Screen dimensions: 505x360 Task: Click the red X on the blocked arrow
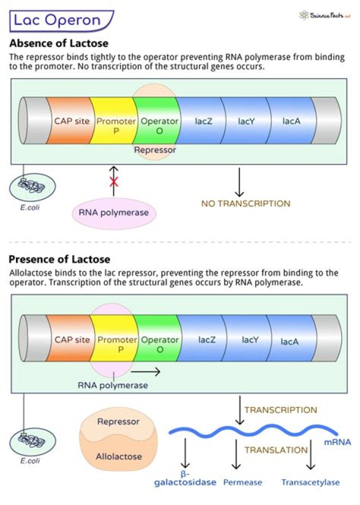tap(113, 181)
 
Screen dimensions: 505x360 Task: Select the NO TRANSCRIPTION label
tap(245, 203)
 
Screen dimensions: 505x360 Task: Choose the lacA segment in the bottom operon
tap(290, 342)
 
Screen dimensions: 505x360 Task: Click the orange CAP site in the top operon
tap(72, 121)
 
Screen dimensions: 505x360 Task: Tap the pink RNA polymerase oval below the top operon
tap(114, 213)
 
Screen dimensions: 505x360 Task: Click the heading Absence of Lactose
tap(58, 43)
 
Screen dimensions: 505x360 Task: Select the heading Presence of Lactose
tap(59, 259)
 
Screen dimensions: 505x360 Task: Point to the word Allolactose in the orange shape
tap(118, 456)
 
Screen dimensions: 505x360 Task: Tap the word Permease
tap(242, 482)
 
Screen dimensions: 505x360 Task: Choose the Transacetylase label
tap(310, 482)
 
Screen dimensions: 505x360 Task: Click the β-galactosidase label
tap(184, 478)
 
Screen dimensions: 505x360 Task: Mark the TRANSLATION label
tap(276, 450)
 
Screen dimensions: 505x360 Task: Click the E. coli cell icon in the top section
tap(32, 185)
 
